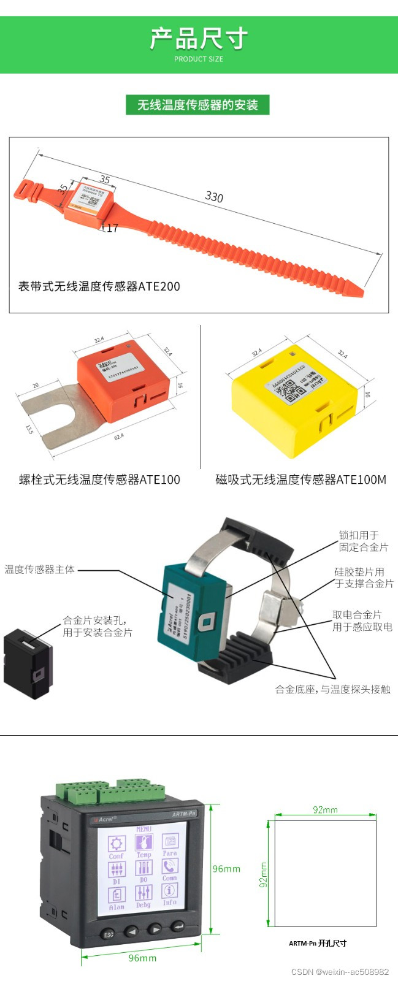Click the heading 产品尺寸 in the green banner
pos(199,39)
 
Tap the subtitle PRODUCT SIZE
pos(199,59)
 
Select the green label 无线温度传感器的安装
pos(197,105)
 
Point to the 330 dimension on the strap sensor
pos(214,197)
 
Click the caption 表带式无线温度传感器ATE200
pos(99,286)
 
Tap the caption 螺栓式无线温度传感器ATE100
pos(99,479)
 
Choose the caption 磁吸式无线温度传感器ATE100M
pos(300,479)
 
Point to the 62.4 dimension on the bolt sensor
pos(118,437)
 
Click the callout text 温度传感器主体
pos(40,570)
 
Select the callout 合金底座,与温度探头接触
pos(332,689)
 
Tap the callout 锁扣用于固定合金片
pos(364,541)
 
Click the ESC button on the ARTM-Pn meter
pos(109,934)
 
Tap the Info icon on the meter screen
pos(170,893)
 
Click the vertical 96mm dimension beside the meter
pos(226,869)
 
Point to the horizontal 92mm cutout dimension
pos(325,810)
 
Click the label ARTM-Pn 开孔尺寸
pos(318,943)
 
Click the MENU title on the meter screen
pos(144,828)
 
